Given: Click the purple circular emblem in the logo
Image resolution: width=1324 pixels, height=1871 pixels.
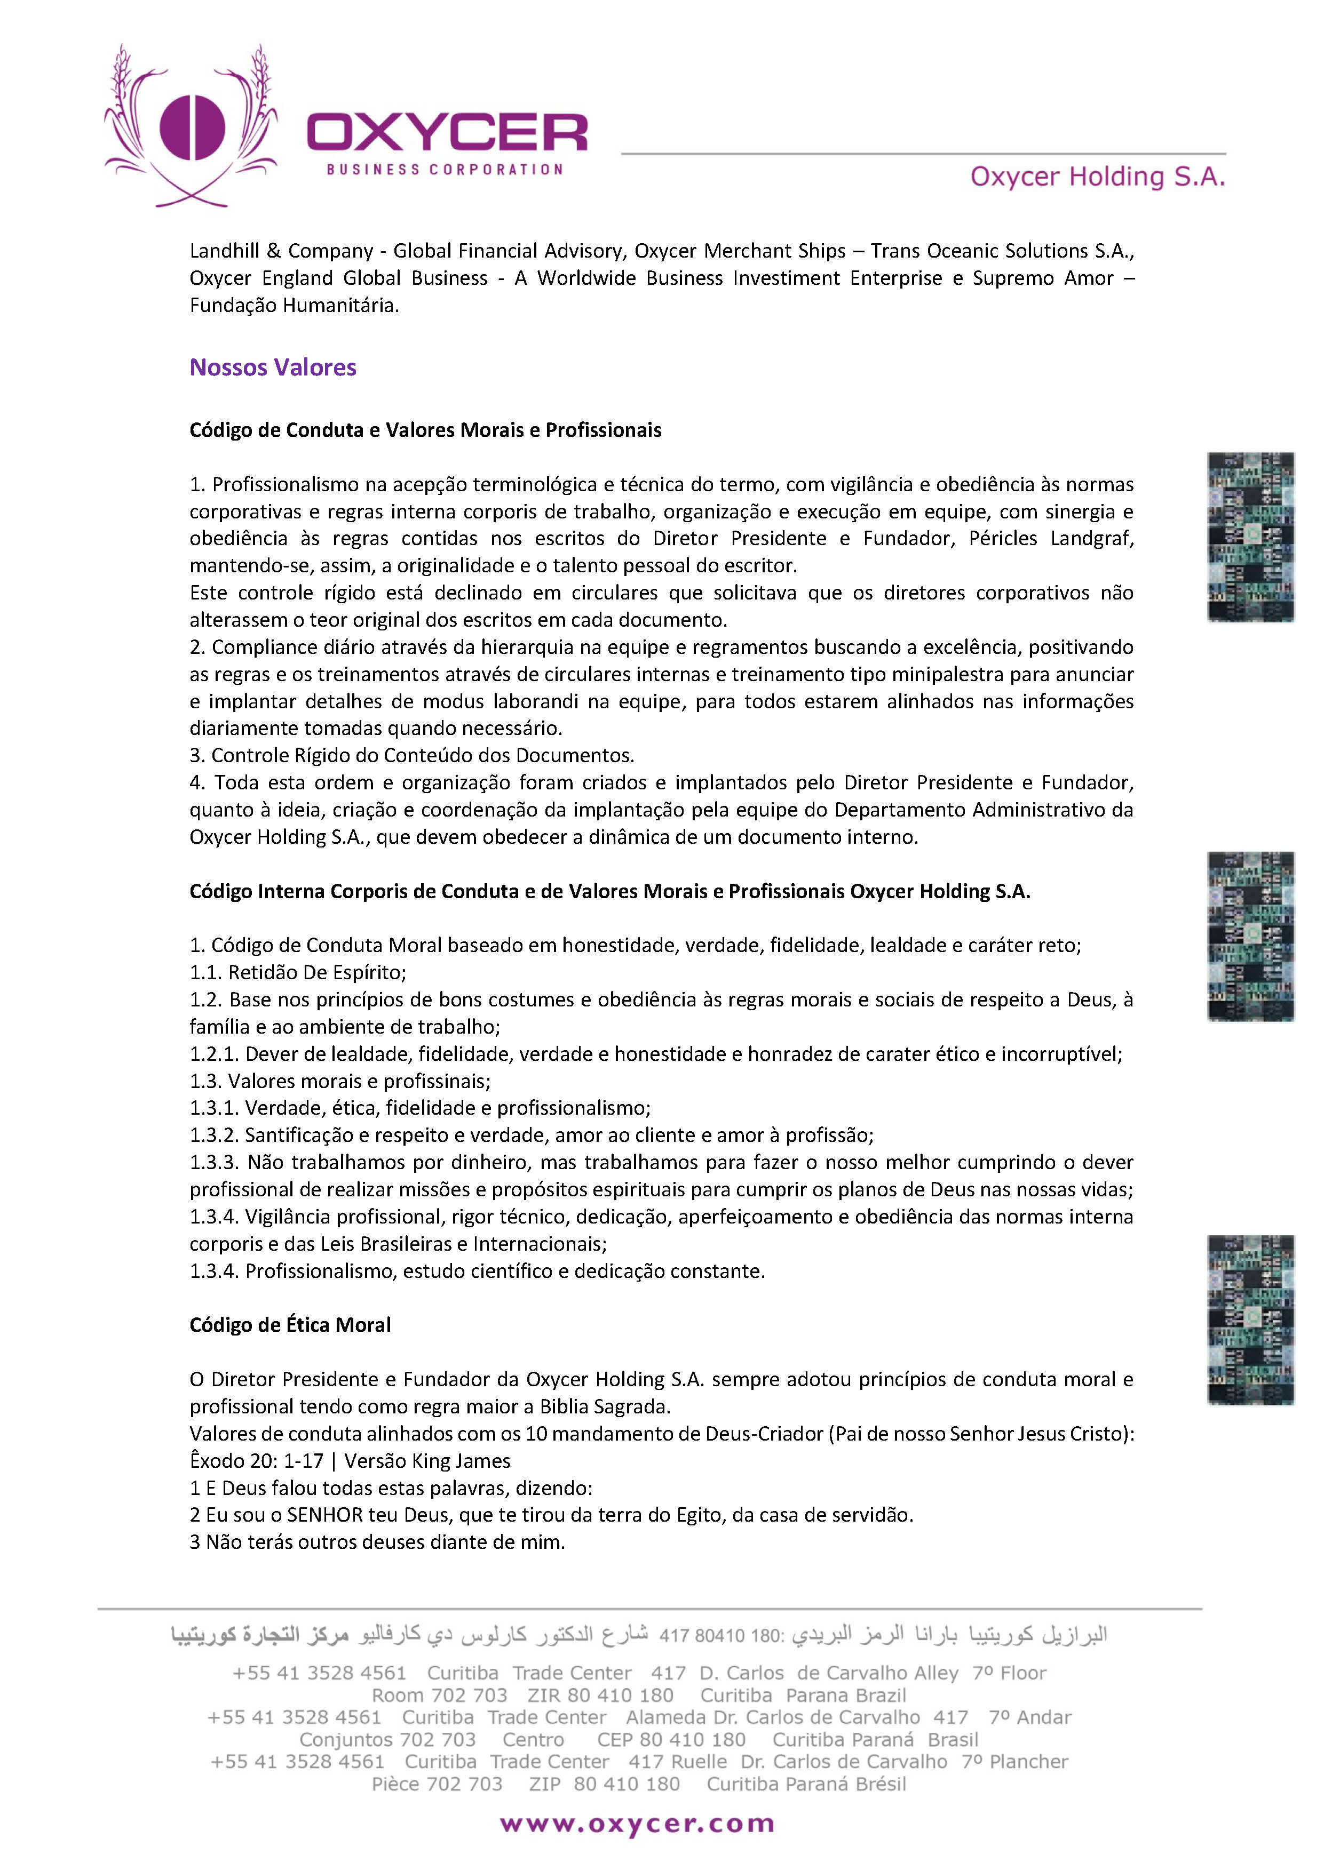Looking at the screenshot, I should click(193, 128).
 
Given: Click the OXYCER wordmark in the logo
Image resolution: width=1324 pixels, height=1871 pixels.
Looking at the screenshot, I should click(447, 133).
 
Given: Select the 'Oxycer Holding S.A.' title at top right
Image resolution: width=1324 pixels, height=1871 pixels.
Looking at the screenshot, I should click(1097, 177).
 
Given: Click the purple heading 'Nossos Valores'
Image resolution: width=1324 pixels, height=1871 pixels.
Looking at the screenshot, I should click(273, 367).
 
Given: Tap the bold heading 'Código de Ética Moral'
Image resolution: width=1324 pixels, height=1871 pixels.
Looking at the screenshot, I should click(290, 1324).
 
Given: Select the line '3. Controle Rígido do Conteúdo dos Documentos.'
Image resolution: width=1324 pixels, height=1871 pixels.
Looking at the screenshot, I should click(411, 755).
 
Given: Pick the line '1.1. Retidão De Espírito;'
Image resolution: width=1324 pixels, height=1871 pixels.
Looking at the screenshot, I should click(298, 972).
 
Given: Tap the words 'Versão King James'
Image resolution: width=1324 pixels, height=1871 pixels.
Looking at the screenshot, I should click(427, 1460).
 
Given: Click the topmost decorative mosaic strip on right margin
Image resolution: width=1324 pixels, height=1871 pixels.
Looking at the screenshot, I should click(1250, 537).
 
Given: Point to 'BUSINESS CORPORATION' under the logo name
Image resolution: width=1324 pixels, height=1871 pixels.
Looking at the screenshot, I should click(445, 170).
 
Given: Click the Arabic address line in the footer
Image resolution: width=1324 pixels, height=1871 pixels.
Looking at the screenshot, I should click(639, 1635).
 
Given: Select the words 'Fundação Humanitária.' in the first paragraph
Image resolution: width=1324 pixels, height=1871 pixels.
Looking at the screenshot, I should click(295, 306).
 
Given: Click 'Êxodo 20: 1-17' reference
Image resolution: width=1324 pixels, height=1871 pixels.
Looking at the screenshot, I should click(256, 1460).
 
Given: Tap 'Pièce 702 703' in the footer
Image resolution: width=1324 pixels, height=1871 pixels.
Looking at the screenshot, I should click(437, 1784).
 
